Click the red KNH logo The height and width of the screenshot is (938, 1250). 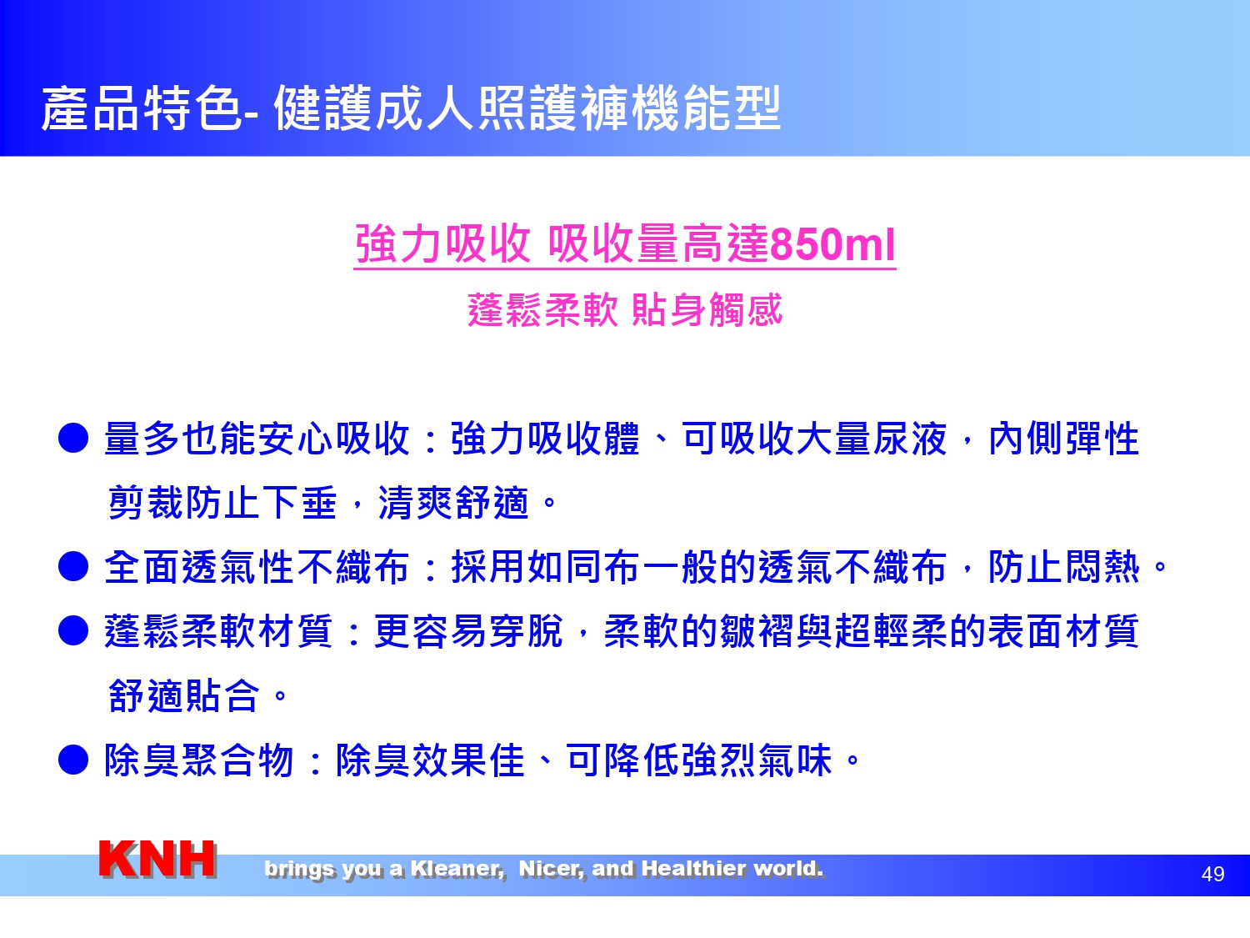157,860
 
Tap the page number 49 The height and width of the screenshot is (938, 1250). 1212,874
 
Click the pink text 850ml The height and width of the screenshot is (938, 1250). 832,244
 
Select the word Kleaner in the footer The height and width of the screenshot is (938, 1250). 457,869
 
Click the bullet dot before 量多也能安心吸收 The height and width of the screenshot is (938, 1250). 73,439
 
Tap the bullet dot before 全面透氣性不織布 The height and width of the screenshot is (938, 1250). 73,567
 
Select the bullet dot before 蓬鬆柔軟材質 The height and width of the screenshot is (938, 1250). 73,631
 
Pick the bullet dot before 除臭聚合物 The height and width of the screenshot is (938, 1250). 73,760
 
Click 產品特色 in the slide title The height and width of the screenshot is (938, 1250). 142,108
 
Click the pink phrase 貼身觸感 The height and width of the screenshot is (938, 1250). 707,310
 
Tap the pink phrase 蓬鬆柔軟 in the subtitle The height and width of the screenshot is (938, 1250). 542,310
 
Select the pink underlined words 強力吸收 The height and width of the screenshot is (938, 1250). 442,244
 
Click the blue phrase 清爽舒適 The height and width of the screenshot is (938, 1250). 453,503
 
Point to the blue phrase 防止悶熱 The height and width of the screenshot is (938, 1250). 1064,567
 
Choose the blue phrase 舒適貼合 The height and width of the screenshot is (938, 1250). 183,695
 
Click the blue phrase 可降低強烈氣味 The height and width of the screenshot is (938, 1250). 699,760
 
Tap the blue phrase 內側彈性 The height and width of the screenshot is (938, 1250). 1064,439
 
